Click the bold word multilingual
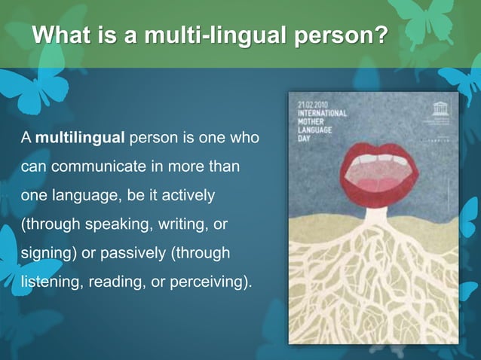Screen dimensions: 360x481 click(80, 139)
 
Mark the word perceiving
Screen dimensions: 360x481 click(212, 282)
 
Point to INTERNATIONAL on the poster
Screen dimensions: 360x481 click(323, 113)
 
